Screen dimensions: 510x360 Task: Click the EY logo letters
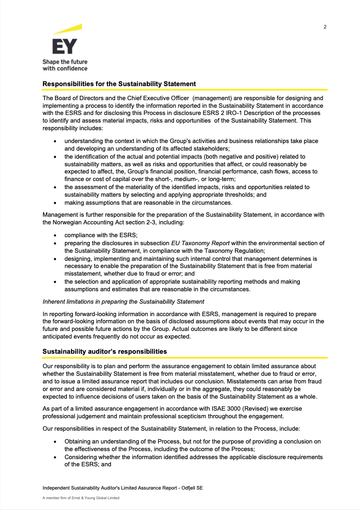[65, 46]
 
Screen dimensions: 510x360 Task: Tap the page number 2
[325, 27]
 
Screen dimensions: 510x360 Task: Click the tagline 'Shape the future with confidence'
[65, 65]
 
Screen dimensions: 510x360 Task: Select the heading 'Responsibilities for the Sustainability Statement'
[119, 84]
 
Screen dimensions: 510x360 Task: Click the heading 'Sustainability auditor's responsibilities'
[105, 351]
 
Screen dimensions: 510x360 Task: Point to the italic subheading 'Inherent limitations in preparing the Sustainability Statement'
[123, 301]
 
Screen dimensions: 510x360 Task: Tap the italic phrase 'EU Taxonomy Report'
[200, 243]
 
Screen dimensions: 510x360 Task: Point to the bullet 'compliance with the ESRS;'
[101, 235]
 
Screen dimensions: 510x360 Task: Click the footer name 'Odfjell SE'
[195, 488]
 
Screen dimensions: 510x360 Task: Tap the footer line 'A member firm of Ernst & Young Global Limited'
[81, 498]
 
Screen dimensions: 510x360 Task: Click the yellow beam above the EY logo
[68, 29]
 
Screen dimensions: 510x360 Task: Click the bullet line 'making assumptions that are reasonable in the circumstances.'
[148, 202]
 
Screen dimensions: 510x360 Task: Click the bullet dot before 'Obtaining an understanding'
[55, 442]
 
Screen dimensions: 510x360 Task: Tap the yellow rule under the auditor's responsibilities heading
[185, 358]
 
